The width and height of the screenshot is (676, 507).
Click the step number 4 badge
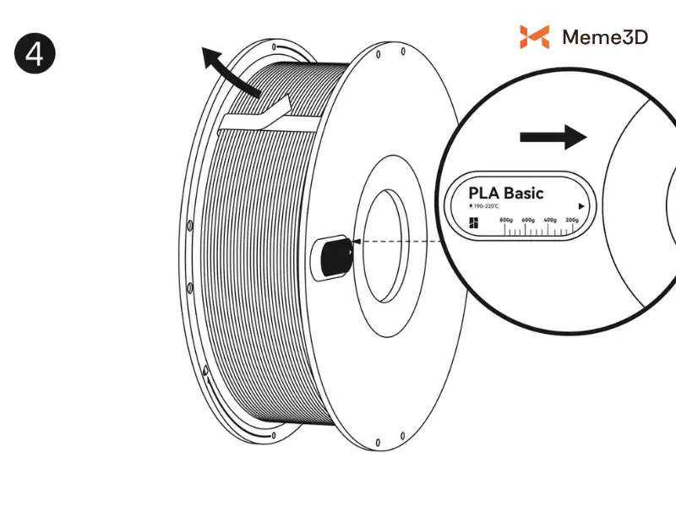coord(35,53)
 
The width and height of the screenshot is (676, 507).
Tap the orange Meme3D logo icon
coord(534,36)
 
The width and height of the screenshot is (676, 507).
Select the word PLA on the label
coord(486,193)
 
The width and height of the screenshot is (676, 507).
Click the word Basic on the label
coord(526,193)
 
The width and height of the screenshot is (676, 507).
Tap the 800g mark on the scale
coord(506,220)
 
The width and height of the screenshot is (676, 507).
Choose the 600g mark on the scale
coord(528,220)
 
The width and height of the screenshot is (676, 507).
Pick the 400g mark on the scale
coord(550,220)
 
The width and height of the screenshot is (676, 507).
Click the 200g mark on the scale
coord(571,220)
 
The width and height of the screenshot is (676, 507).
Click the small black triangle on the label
coord(581,205)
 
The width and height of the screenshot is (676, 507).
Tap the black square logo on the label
coord(473,223)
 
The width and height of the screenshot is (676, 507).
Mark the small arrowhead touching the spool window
coord(355,241)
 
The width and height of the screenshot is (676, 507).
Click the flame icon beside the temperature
coord(471,206)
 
